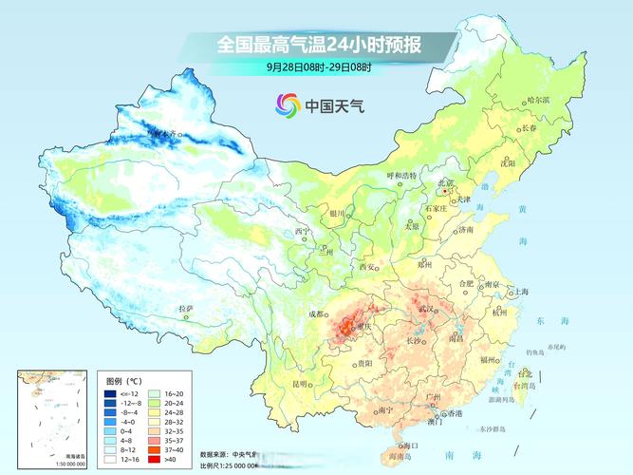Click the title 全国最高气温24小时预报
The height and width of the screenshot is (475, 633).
(318, 45)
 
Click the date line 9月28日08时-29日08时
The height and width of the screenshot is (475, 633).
(318, 66)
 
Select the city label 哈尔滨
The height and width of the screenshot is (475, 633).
(537, 100)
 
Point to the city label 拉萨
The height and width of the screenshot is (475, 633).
(186, 309)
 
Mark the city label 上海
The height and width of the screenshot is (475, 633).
(521, 293)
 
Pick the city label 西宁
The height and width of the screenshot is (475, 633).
(302, 231)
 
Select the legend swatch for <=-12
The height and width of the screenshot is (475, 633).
(110, 393)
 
